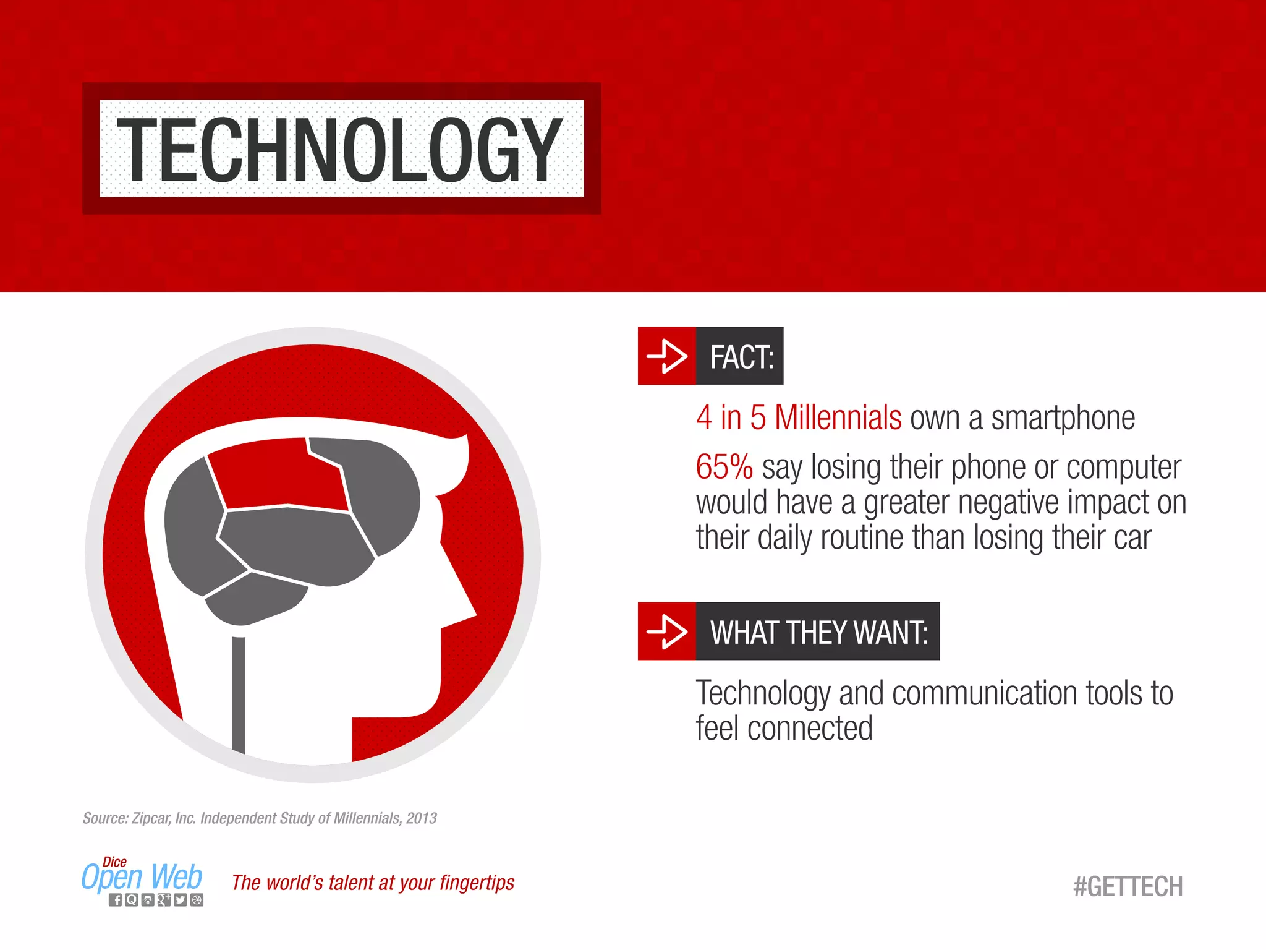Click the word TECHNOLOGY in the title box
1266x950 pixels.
[x=339, y=149]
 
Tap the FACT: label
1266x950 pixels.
[x=741, y=357]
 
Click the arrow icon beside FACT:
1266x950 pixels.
[x=666, y=356]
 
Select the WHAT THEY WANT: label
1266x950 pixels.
[x=818, y=632]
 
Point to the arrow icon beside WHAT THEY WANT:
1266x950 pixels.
[x=666, y=631]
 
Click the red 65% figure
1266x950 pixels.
[x=724, y=467]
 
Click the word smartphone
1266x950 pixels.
[x=1063, y=418]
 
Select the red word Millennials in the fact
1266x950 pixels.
[x=838, y=418]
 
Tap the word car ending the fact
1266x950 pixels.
[x=1133, y=537]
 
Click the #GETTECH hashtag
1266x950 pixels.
[x=1128, y=886]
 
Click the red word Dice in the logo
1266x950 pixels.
[x=115, y=862]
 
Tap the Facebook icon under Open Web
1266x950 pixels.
[x=116, y=900]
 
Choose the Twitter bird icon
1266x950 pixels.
[x=180, y=900]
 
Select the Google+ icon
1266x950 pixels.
[x=164, y=900]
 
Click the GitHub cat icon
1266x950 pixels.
[x=148, y=900]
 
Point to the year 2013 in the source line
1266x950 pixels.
[x=422, y=818]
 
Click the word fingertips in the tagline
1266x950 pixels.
[x=477, y=883]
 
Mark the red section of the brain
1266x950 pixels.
[x=278, y=476]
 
